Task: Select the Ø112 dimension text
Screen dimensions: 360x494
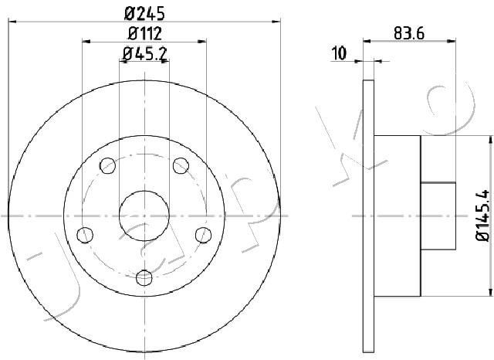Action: [144, 32]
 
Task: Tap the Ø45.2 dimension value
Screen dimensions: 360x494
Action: [144, 53]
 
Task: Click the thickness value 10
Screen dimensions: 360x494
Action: [339, 53]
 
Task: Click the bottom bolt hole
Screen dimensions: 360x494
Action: [144, 277]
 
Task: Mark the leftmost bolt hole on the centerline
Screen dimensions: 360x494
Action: [87, 234]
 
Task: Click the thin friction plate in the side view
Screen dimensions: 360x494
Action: [367, 216]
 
